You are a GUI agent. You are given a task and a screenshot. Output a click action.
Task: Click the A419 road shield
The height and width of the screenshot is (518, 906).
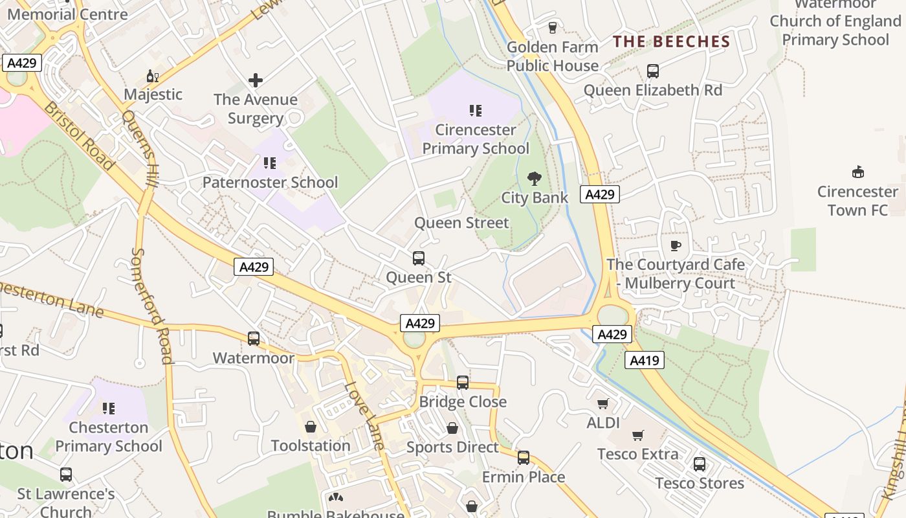pyautogui.click(x=645, y=361)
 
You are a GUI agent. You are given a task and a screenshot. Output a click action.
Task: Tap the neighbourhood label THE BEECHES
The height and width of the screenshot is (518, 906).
pyautogui.click(x=671, y=42)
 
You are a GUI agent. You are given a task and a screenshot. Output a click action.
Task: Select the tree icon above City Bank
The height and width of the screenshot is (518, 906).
pyautogui.click(x=535, y=179)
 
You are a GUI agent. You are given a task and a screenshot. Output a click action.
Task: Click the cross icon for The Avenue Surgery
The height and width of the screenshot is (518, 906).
pyautogui.click(x=256, y=80)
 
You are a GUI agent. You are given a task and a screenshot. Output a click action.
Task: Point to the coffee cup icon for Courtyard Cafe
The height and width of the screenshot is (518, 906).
pyautogui.click(x=676, y=245)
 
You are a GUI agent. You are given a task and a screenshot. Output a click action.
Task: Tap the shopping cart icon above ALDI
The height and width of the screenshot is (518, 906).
pyautogui.click(x=603, y=404)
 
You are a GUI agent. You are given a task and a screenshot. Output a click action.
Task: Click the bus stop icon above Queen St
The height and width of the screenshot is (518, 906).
pyautogui.click(x=419, y=258)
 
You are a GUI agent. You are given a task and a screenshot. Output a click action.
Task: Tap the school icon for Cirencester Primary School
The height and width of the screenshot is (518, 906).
pyautogui.click(x=476, y=111)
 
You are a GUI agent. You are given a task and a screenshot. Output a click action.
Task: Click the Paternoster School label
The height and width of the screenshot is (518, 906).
pyautogui.click(x=270, y=183)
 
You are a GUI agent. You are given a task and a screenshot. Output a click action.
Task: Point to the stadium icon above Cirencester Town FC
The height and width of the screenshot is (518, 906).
pyautogui.click(x=858, y=172)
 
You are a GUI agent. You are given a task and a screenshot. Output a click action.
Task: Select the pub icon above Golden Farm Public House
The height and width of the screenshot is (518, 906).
pyautogui.click(x=552, y=28)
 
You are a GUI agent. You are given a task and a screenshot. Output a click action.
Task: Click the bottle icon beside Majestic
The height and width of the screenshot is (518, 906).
pyautogui.click(x=153, y=76)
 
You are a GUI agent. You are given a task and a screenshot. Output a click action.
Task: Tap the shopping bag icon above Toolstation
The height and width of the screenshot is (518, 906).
pyautogui.click(x=311, y=427)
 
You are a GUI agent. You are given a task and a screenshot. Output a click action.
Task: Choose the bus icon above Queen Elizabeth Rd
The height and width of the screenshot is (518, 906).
pyautogui.click(x=653, y=71)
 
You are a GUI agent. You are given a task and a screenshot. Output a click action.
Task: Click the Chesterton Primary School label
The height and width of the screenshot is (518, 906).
pyautogui.click(x=109, y=437)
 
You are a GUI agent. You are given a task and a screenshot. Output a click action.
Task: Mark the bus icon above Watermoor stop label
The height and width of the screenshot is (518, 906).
pyautogui.click(x=254, y=339)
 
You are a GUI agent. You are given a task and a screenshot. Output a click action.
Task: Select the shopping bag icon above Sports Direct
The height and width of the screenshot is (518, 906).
pyautogui.click(x=452, y=429)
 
